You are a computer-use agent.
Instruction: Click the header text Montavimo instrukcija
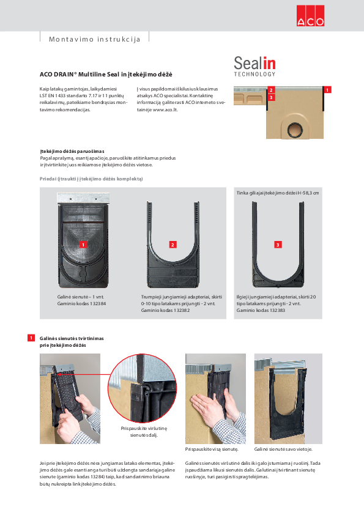[91, 39]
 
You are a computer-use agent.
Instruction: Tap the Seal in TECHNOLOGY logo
[255, 66]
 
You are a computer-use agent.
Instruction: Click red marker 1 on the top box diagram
[327, 90]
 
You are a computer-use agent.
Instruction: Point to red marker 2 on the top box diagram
[271, 90]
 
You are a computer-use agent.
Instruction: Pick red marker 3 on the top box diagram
[271, 97]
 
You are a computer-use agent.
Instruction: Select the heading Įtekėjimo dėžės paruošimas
[72, 150]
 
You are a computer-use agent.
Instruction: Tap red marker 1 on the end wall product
[83, 244]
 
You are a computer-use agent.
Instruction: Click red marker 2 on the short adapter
[173, 245]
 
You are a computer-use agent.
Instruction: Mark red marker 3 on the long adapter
[278, 245]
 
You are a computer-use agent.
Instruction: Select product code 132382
[181, 311]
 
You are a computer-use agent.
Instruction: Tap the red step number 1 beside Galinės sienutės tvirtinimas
[31, 338]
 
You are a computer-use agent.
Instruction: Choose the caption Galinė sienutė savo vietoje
[288, 449]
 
